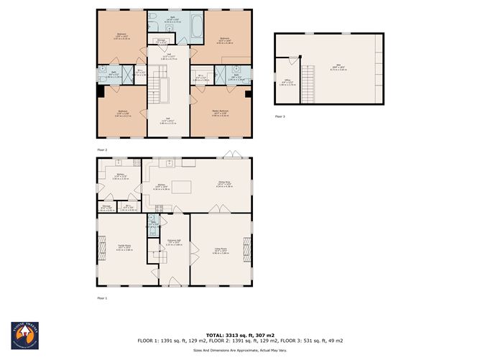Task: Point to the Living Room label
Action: tap(220, 251)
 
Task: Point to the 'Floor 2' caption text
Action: tap(102, 149)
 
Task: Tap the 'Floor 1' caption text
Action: tap(102, 297)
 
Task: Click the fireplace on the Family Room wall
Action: tap(98, 251)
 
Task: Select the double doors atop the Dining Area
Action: tap(229, 154)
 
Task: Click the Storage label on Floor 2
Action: tap(162, 42)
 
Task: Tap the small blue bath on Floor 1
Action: tap(152, 225)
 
